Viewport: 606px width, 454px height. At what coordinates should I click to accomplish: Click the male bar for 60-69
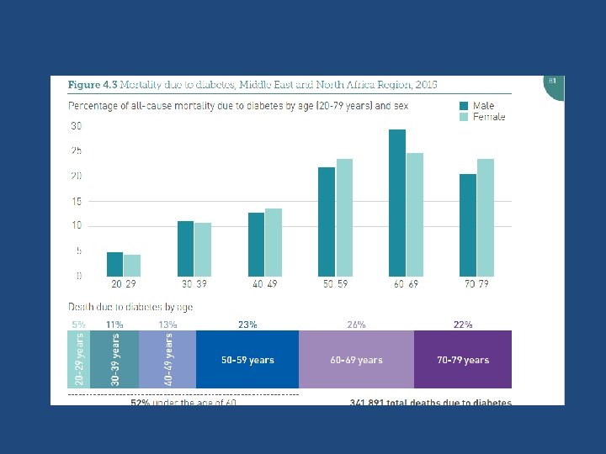pos(397,203)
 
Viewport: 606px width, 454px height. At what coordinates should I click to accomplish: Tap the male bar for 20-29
pos(114,264)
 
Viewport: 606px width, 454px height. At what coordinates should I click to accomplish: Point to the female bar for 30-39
pos(203,249)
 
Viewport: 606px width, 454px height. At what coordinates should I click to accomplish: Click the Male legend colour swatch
pos(464,106)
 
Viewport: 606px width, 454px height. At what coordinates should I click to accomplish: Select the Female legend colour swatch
pos(464,117)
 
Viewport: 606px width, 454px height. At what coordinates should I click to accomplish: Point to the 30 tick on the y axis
pos(76,126)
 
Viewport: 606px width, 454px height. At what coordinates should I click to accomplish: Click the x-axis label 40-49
pos(264,284)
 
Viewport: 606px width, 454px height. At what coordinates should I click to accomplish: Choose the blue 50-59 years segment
pos(247,360)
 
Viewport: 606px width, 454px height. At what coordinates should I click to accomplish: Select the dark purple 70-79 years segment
pos(462,360)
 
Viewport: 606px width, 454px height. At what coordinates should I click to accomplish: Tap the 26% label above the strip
pos(356,324)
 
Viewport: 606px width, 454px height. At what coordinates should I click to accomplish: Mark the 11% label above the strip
pos(115,324)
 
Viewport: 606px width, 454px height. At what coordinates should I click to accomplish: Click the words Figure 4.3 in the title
pos(92,85)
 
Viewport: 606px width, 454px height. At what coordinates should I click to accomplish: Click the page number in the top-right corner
pos(553,81)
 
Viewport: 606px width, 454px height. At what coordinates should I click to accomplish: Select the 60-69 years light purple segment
pos(356,360)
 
